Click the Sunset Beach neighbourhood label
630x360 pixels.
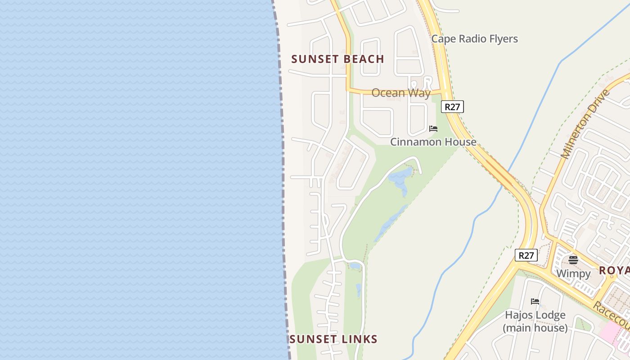337,59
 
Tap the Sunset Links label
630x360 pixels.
333,339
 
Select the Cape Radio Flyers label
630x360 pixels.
474,39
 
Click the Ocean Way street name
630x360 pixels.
400,93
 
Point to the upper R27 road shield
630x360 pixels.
452,107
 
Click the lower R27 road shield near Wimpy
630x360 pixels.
526,256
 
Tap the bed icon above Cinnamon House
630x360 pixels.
433,129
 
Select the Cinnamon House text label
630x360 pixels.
433,142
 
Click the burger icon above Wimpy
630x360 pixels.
573,260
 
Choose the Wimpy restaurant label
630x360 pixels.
573,274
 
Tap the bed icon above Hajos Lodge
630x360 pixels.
535,301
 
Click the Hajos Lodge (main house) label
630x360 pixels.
535,321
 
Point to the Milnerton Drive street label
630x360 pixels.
585,124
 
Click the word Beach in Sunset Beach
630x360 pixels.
364,59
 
